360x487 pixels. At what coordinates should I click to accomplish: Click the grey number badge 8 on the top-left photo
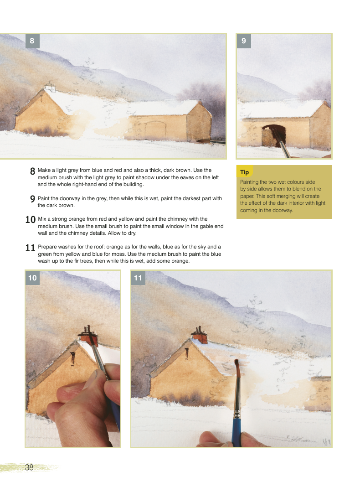pos(32,41)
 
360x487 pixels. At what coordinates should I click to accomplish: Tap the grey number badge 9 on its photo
pos(244,41)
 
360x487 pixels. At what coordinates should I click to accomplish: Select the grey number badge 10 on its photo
pos(32,278)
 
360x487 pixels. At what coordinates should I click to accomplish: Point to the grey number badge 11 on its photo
pos(138,278)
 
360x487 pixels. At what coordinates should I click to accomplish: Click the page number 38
pos(29,467)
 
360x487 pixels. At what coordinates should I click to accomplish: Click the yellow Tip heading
pos(245,172)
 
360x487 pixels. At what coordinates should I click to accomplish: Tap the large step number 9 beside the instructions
pos(32,199)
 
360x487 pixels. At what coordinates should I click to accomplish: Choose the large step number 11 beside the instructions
pos(30,248)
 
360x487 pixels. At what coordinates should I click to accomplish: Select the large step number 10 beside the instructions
pos(31,220)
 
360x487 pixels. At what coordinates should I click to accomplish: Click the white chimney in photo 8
pos(49,87)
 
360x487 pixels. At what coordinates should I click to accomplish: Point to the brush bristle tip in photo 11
pos(237,361)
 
